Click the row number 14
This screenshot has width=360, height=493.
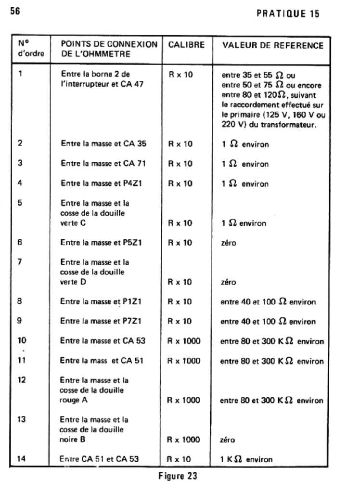point(22,459)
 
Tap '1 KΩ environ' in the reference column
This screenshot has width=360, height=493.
point(247,459)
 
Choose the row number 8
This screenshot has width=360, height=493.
point(20,302)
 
